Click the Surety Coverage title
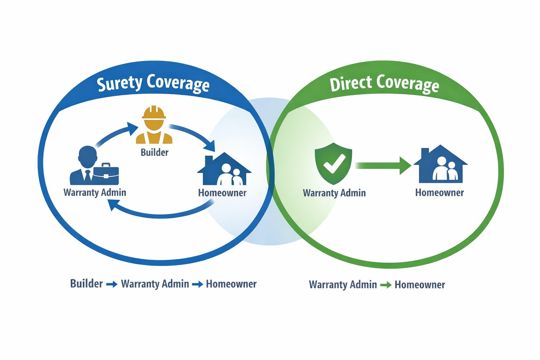pos(153,83)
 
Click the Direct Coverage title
pos(384,83)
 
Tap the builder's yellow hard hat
pos(154,113)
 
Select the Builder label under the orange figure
pos(154,152)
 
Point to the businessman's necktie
pos(88,175)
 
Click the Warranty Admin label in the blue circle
pos(95,192)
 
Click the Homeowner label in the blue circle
pos(222,193)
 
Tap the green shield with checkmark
pos(333,163)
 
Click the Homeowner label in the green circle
pos(439,193)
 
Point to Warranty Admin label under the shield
pos(334,193)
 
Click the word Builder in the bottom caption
pos(86,284)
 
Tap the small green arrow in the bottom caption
pos(386,285)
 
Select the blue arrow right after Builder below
pos(112,284)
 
